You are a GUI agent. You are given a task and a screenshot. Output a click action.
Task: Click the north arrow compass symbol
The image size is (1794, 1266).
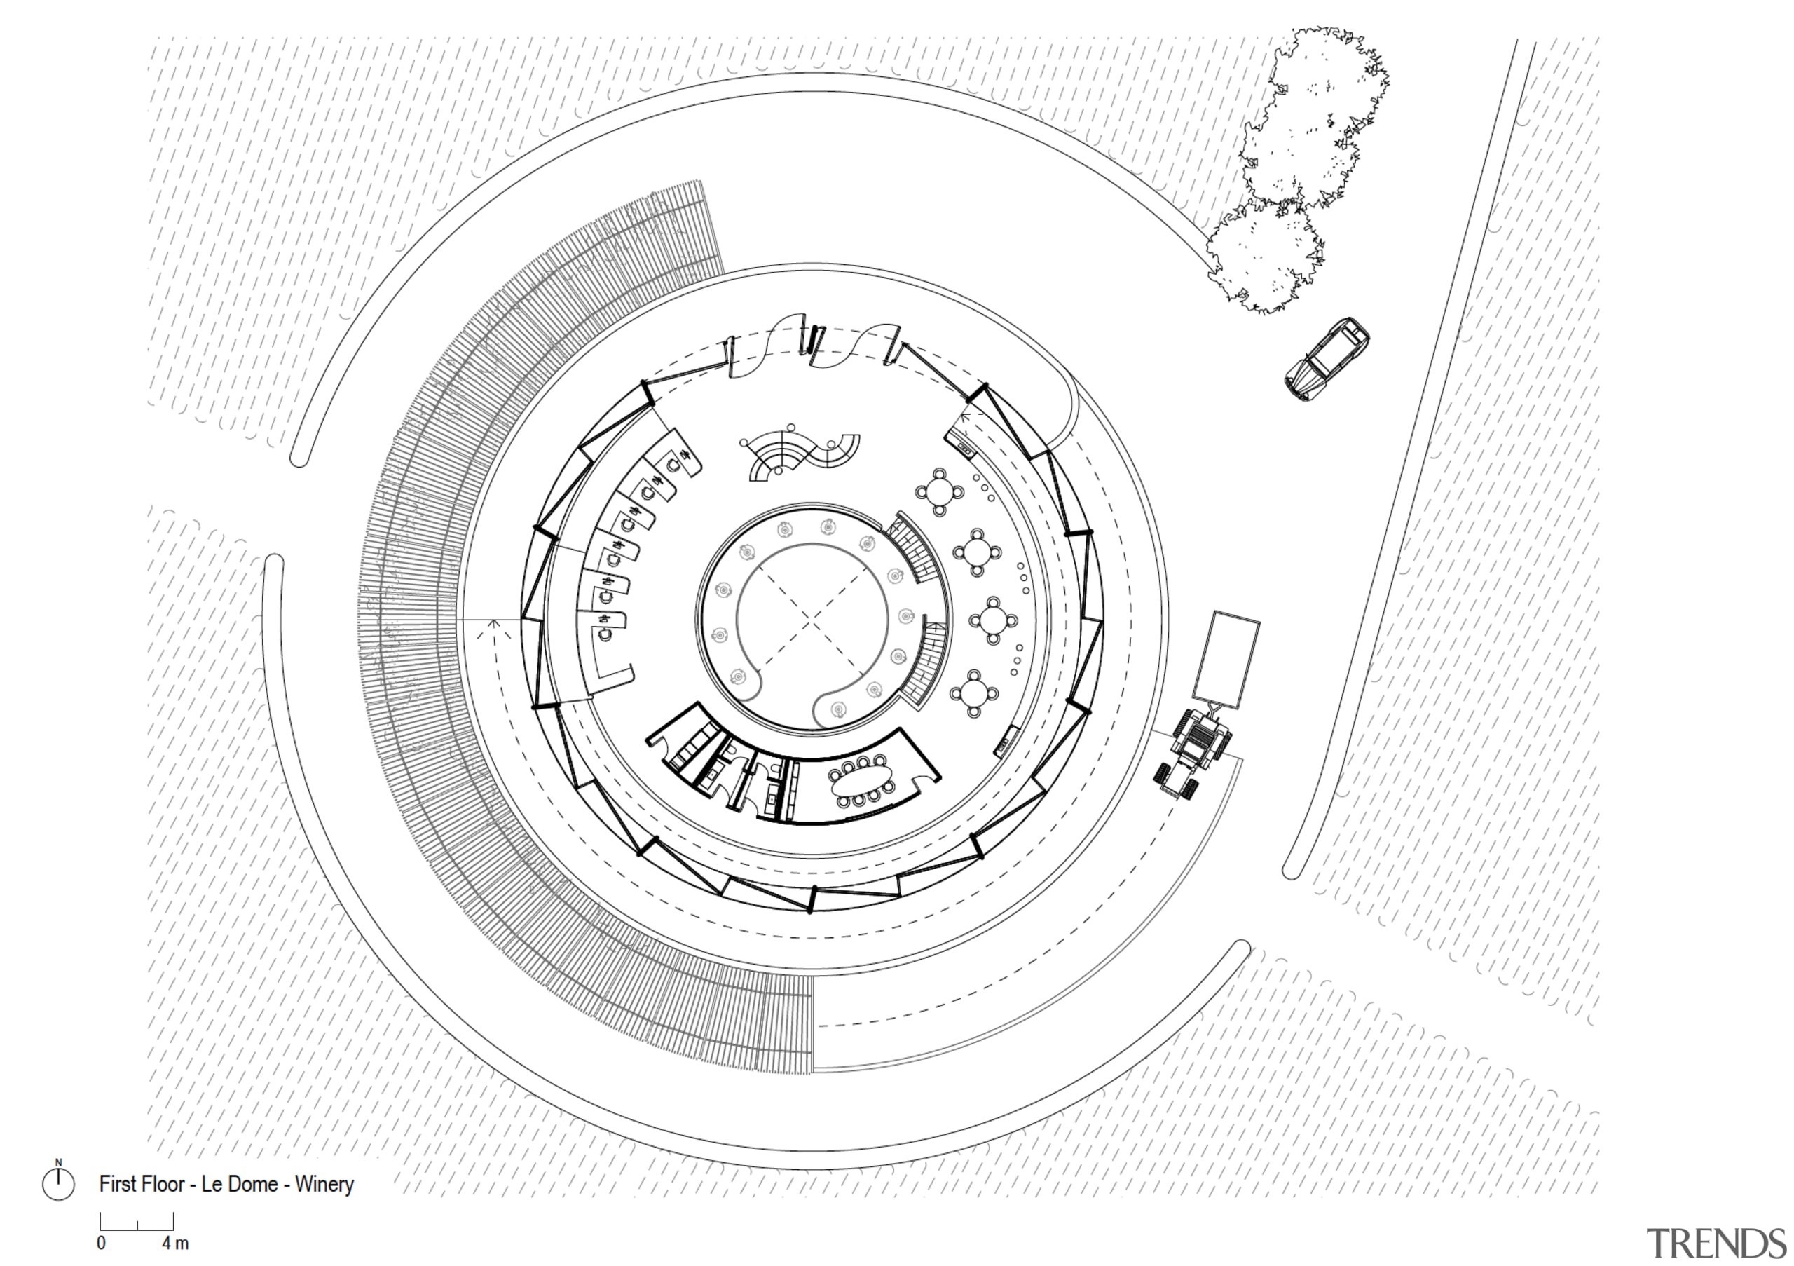[x=58, y=1184]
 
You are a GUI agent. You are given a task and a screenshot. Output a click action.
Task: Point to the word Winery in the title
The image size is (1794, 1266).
[x=324, y=1185]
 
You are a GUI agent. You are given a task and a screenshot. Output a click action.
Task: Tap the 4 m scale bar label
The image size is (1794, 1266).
[x=176, y=1244]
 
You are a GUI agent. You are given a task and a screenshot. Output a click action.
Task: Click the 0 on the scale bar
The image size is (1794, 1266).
[x=102, y=1244]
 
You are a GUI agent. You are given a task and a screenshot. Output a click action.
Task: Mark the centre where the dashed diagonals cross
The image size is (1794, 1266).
[x=813, y=620]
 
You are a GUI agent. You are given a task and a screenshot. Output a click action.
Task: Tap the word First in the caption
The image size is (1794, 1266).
[x=117, y=1185]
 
